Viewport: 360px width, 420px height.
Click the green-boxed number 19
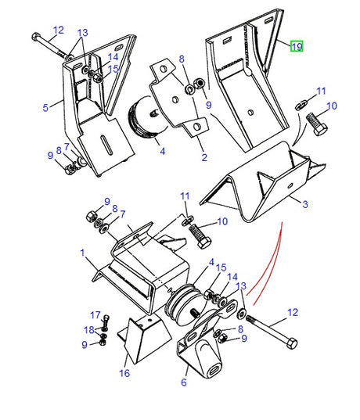click(297, 46)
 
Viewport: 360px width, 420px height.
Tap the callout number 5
click(45, 108)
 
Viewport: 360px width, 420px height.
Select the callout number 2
click(204, 157)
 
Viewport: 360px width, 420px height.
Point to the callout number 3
click(305, 204)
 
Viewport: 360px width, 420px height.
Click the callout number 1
click(82, 253)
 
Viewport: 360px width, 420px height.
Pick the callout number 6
click(184, 382)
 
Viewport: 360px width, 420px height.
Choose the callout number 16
click(124, 373)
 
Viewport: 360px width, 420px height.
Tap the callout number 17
click(95, 315)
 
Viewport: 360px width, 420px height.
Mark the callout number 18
click(89, 330)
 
